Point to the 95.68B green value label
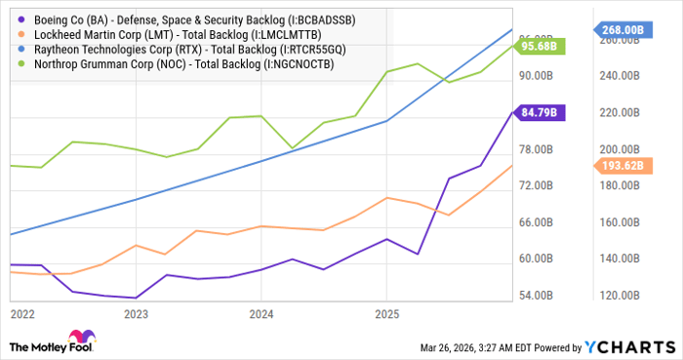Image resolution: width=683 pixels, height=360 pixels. (x=540, y=46)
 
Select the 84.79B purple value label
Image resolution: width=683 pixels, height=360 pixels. (x=540, y=113)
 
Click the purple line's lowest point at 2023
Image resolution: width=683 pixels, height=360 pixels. (x=136, y=298)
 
